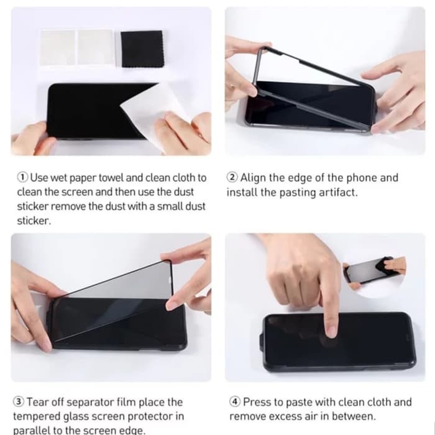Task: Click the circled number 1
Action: coord(22,177)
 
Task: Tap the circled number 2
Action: coord(232,177)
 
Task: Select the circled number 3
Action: coord(19,401)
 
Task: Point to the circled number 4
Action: coord(235,401)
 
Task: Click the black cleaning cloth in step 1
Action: coord(142,49)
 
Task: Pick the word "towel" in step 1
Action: coord(111,178)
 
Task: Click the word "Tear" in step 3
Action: coord(39,402)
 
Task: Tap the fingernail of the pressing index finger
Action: coord(331,332)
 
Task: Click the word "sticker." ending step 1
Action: coord(34,221)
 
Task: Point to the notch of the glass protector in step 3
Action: coord(170,280)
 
